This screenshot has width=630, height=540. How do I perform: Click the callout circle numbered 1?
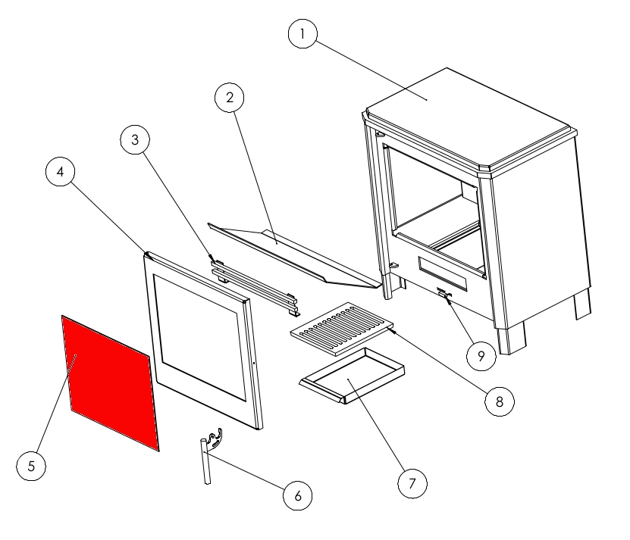click(302, 34)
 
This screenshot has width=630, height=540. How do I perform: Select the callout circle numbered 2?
click(230, 98)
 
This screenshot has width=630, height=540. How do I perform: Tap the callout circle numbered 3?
click(135, 140)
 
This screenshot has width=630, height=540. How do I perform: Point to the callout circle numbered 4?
click(60, 172)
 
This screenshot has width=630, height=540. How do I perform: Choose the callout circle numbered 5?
click(31, 466)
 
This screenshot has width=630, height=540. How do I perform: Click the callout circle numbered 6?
click(298, 496)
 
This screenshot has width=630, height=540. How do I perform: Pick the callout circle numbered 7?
click(412, 484)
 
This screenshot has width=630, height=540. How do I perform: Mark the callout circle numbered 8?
click(500, 401)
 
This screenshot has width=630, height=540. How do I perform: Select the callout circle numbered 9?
click(481, 356)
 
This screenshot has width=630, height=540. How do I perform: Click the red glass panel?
click(111, 383)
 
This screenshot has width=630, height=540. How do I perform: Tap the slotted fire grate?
click(342, 329)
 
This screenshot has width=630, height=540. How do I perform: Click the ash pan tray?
click(352, 376)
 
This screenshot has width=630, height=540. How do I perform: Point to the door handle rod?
click(205, 461)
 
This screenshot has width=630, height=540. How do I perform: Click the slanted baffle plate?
click(293, 255)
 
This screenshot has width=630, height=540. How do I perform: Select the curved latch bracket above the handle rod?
click(215, 438)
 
